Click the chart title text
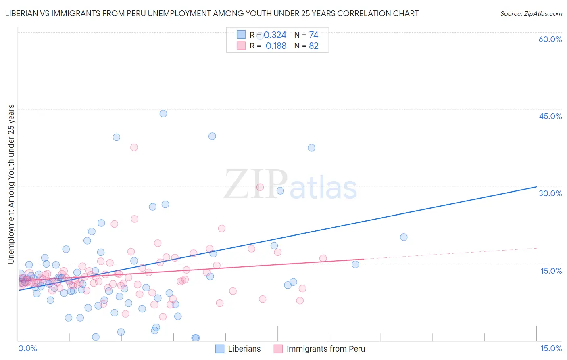pyautogui.click(x=212, y=13)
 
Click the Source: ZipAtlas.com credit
pyautogui.click(x=531, y=13)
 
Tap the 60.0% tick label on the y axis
pyautogui.click(x=550, y=39)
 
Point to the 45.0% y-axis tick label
pyautogui.click(x=550, y=116)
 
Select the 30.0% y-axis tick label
pyautogui.click(x=550, y=193)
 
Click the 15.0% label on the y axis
pyautogui.click(x=551, y=271)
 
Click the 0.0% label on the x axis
pyautogui.click(x=27, y=348)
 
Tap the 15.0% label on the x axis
pyautogui.click(x=551, y=348)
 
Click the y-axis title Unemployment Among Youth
pyautogui.click(x=11, y=184)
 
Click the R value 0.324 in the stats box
pyautogui.click(x=275, y=35)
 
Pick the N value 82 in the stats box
pyautogui.click(x=313, y=46)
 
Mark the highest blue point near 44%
pyautogui.click(x=163, y=113)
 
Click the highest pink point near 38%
pyautogui.click(x=134, y=147)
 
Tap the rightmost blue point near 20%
pyautogui.click(x=404, y=237)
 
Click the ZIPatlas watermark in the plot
pyautogui.click(x=290, y=185)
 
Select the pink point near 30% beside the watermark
pyautogui.click(x=260, y=187)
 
